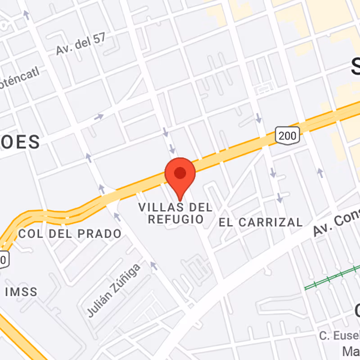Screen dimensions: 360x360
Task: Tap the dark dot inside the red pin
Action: (x=180, y=173)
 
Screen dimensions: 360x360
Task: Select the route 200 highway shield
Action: (x=287, y=135)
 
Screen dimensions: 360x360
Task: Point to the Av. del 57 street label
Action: (x=81, y=44)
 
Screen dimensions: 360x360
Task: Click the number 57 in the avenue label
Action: (x=99, y=39)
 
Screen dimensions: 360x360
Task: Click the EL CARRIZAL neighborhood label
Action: (x=261, y=222)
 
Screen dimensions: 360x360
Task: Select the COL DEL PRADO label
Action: (x=70, y=234)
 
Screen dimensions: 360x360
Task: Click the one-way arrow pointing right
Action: (x=99, y=117)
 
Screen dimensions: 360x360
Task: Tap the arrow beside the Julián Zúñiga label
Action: (x=154, y=266)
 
